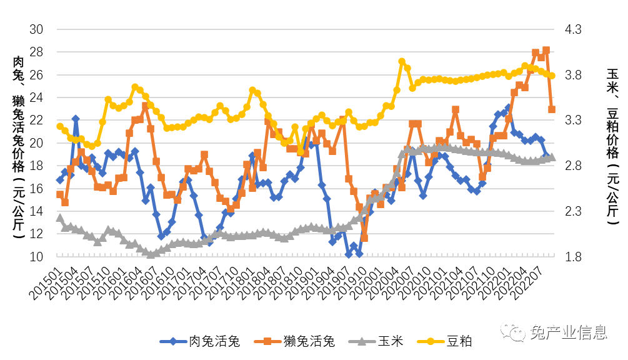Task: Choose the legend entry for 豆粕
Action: point(459,341)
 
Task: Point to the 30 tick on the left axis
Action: point(37,30)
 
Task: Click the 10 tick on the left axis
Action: point(37,257)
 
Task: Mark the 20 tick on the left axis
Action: point(37,143)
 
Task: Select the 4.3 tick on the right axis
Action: point(573,30)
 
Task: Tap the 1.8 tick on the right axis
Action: point(573,257)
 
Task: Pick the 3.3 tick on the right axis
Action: point(573,120)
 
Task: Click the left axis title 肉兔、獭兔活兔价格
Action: point(19,147)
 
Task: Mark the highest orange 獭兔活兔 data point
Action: point(546,50)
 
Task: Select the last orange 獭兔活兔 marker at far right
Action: point(552,109)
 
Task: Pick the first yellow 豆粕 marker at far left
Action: point(60,126)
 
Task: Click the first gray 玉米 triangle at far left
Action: point(60,217)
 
